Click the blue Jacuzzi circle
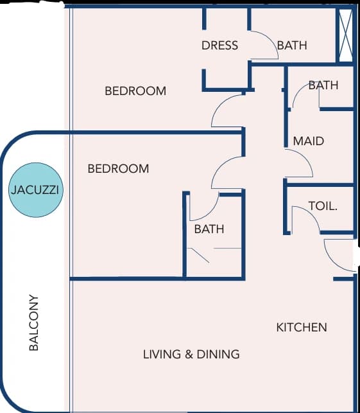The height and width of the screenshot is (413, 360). (36, 190)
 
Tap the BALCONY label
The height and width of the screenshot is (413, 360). (33, 322)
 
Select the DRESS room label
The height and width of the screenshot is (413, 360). (219, 46)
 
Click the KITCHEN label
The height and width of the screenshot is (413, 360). (302, 328)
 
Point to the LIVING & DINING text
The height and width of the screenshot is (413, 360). (191, 354)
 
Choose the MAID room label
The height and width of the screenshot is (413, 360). (309, 141)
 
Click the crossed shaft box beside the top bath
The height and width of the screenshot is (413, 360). (346, 35)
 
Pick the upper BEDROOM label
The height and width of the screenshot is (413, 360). (135, 91)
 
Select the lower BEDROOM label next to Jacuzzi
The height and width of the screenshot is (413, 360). (119, 168)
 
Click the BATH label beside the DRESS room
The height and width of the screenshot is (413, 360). (292, 46)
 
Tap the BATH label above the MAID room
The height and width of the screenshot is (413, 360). (323, 85)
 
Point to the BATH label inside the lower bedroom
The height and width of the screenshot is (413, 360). (209, 229)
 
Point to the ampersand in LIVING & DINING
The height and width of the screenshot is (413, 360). (189, 354)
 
